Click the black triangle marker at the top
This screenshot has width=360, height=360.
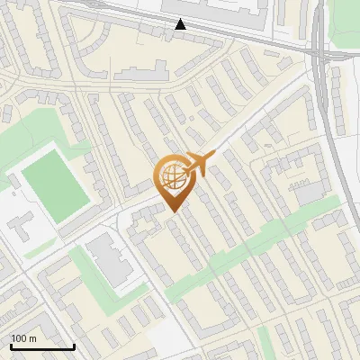pos(181,24)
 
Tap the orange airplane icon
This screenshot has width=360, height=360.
pos(198,164)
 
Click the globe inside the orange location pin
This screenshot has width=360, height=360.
pos(171,176)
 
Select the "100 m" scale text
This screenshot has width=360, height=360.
pos(23,337)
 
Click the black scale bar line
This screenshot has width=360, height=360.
pos(42,346)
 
